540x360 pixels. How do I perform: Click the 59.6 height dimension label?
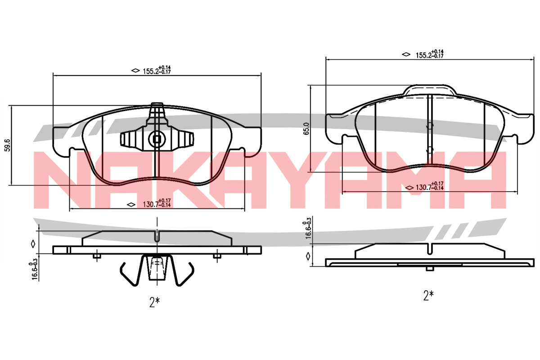8,145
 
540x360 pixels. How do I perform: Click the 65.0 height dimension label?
306,129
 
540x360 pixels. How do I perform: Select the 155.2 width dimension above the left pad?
157,70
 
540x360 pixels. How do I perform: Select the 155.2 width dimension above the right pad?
430,54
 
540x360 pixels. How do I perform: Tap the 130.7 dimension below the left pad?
157,203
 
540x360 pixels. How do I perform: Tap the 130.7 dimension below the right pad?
430,186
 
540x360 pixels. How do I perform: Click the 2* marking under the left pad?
154,302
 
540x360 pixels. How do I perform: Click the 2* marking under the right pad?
428,295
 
